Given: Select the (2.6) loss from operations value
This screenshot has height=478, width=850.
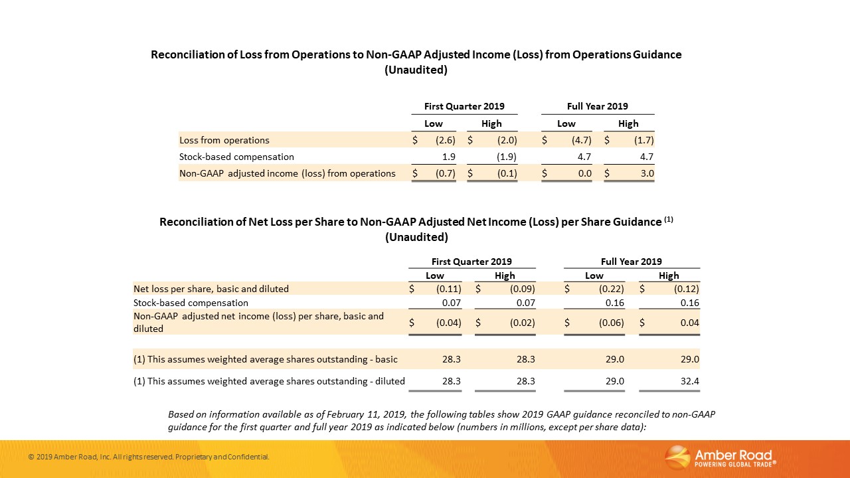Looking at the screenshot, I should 445,141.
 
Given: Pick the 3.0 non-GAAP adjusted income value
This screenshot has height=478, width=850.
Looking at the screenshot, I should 647,174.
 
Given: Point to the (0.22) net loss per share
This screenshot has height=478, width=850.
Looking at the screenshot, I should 610,289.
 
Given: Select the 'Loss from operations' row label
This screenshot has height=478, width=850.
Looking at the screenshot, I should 224,141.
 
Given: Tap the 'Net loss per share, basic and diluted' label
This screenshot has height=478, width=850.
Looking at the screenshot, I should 211,289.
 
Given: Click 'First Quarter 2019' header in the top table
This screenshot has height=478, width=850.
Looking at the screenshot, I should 464,106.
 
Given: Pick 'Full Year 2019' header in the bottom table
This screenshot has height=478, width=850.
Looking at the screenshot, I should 631,262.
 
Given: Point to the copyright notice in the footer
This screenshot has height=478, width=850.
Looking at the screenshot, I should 149,457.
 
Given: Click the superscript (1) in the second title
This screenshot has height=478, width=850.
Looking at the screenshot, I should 669,219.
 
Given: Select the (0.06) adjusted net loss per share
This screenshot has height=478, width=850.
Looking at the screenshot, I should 610,323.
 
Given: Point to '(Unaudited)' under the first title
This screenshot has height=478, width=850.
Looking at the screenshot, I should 416,70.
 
